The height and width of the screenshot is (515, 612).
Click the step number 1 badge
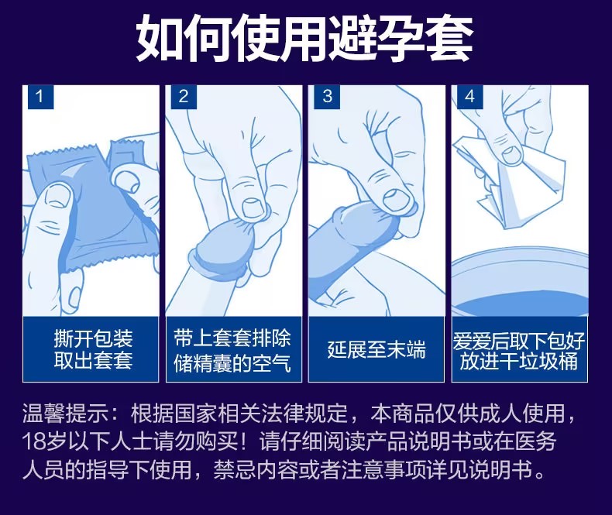(x=40, y=97)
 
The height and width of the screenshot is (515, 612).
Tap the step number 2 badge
(x=184, y=97)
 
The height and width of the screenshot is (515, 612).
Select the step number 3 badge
(x=327, y=97)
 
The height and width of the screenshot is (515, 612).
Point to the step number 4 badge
(x=470, y=97)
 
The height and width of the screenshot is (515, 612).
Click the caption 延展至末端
(x=376, y=349)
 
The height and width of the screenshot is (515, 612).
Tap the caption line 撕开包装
(x=93, y=338)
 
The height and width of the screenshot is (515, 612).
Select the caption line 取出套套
(x=93, y=361)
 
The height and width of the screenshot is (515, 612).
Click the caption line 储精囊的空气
(x=232, y=363)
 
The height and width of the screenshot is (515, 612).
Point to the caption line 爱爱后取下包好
(x=519, y=341)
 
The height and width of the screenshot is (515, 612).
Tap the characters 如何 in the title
(x=185, y=37)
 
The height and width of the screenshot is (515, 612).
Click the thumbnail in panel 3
(x=397, y=200)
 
